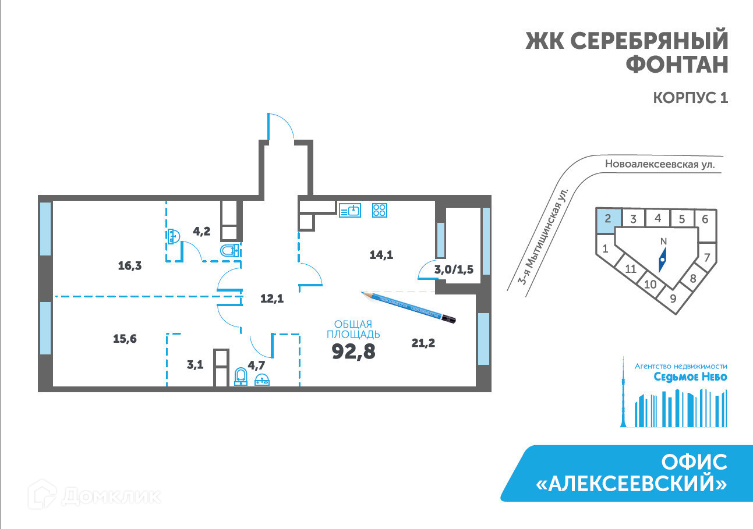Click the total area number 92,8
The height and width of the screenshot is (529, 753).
pos(353,351)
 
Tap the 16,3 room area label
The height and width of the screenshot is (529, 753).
pos(130,266)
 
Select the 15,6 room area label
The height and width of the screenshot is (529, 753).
pos(125,339)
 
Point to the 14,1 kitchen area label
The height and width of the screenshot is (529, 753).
pos(381,254)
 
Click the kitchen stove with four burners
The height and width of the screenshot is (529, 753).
pos(380,210)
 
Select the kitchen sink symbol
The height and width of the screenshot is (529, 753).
pos(350,210)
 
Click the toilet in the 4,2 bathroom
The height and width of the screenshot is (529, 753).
pos(229,251)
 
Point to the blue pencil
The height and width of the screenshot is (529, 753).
pos(408,306)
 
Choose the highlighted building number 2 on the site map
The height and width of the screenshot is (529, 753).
pos(607,219)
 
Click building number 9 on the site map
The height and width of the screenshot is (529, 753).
pos(673,299)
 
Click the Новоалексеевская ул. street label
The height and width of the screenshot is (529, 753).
pos(659,165)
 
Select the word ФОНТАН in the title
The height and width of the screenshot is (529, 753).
pos(677,64)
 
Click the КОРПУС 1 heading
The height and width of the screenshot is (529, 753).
pos(691,98)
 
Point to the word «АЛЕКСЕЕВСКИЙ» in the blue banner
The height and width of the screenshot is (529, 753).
pos(632,484)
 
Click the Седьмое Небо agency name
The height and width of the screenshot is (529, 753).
pos(690,377)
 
